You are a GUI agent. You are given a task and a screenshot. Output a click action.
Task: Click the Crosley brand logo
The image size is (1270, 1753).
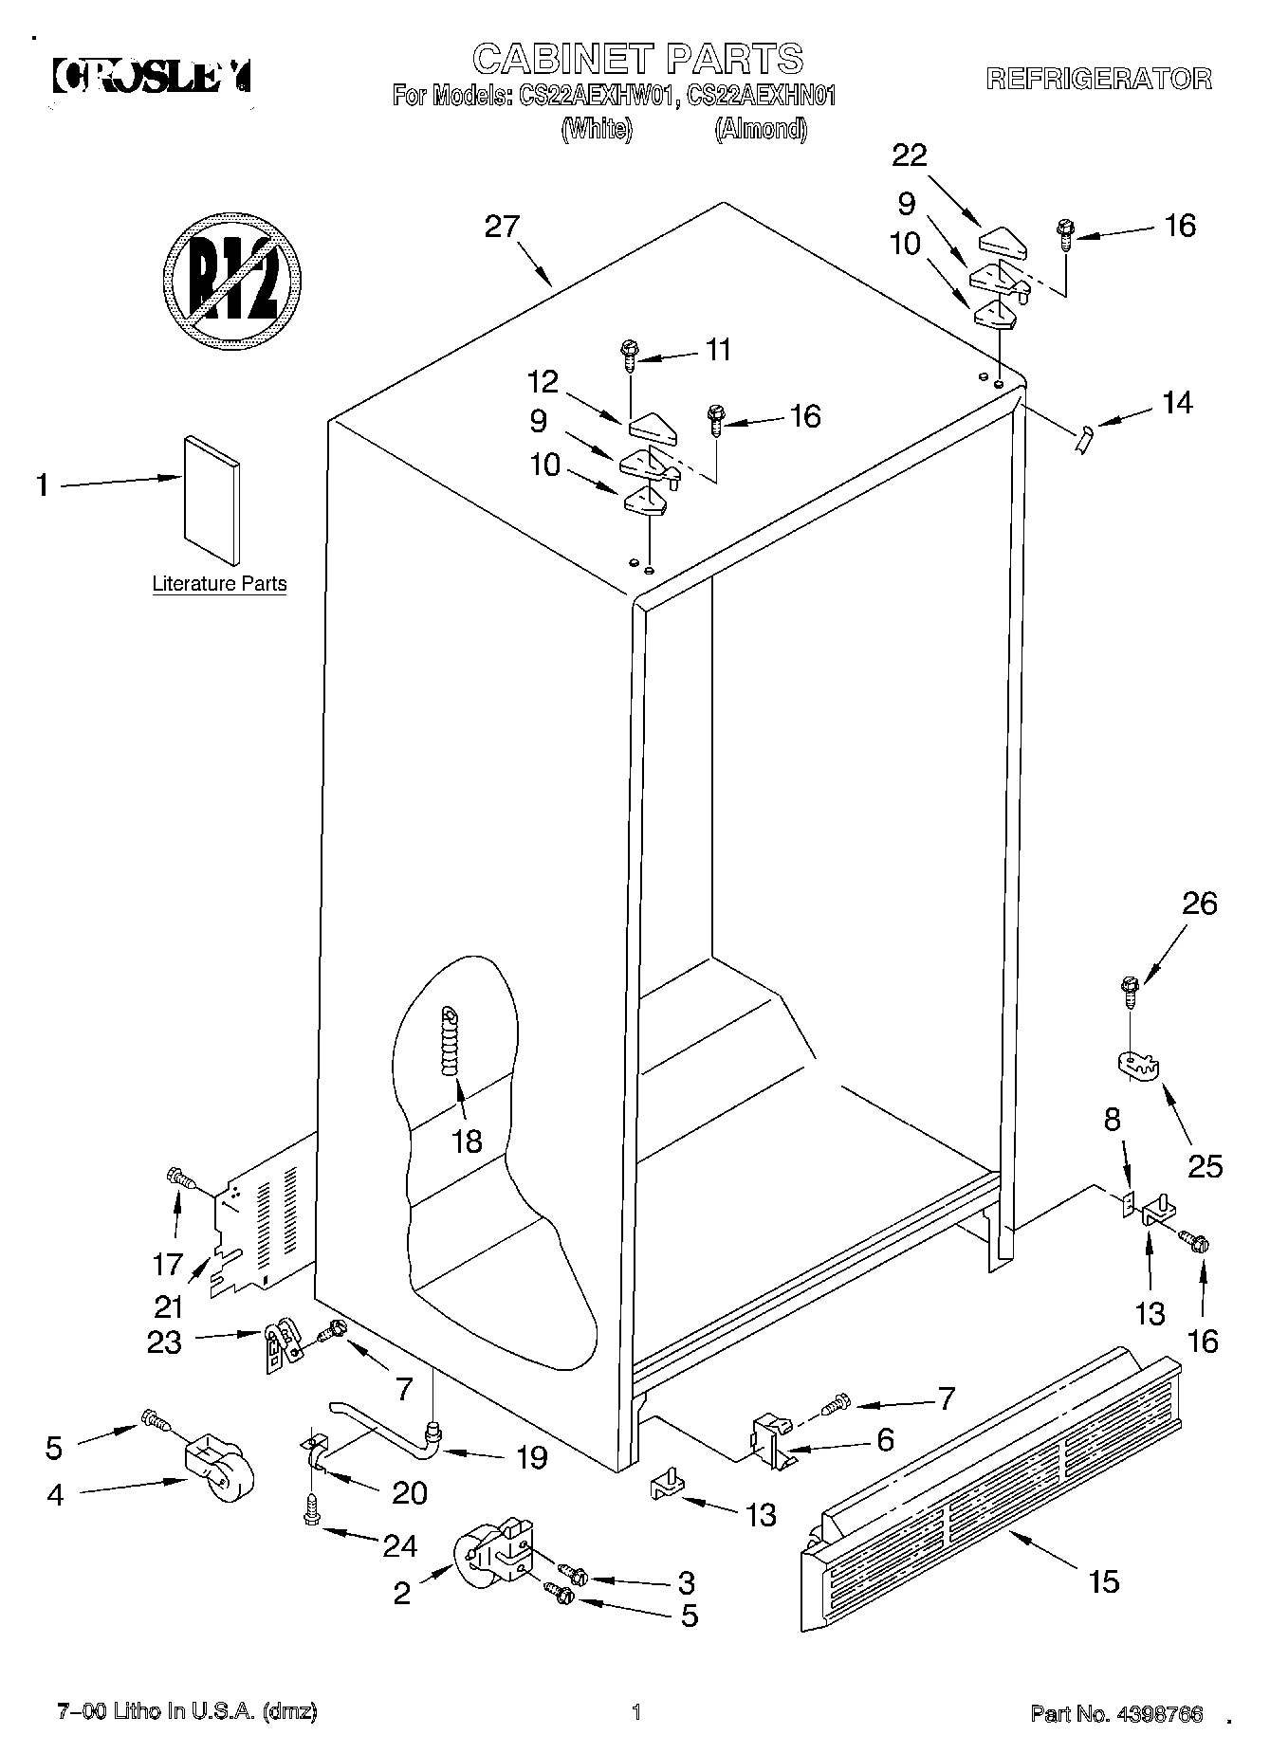coord(152,76)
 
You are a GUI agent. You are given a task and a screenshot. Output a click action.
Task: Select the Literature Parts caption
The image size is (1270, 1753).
coord(219,584)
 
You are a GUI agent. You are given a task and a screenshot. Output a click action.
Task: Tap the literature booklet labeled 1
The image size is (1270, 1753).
coord(212,500)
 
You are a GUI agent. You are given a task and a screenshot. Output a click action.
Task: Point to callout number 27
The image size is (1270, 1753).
coord(502,227)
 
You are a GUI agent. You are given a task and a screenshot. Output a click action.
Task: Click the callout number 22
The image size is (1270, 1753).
coord(910,155)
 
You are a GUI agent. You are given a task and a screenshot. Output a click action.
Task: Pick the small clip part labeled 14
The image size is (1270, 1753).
coord(1084,439)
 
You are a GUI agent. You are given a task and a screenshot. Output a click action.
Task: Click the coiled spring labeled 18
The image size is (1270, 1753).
coord(451,1040)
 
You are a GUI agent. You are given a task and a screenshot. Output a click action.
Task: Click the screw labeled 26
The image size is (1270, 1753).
coord(1130,989)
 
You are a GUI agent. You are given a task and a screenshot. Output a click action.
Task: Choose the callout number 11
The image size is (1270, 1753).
coord(719,350)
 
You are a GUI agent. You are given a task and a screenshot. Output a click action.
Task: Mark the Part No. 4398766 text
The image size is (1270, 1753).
coord(1116,1714)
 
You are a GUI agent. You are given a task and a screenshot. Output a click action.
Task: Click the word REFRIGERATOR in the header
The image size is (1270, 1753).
coord(1098,79)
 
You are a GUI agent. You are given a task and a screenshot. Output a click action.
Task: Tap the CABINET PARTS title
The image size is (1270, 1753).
coord(637,59)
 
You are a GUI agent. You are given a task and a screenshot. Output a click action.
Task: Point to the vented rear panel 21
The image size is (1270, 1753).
coord(261,1223)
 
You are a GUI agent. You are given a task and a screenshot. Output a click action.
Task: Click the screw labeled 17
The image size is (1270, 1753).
coord(180,1178)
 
